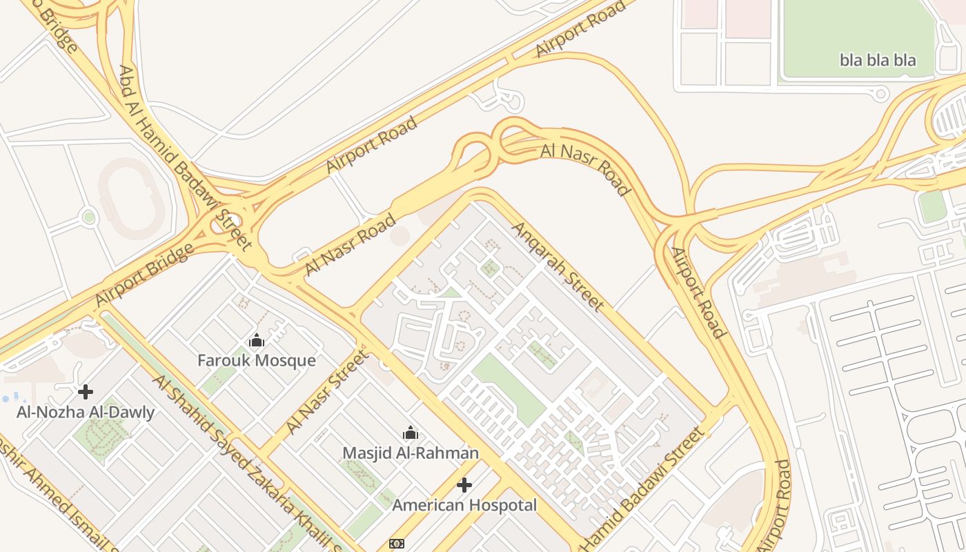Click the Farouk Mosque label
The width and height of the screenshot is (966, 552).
coord(256,360)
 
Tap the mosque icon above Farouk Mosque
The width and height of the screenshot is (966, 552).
coord(257,340)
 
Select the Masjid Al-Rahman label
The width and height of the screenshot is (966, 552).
coord(411,453)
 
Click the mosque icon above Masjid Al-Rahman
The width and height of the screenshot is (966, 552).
coord(411,433)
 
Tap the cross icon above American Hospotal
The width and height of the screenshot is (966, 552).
coord(464,485)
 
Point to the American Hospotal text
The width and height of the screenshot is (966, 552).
coord(464,505)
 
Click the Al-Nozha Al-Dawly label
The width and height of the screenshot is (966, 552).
coord(86,413)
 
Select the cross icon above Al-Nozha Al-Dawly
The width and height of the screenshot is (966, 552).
coord(86,392)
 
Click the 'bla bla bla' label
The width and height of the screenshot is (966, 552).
coord(878,60)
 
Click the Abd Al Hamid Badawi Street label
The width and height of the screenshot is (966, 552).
coord(185,157)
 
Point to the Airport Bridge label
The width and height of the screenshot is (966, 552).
coord(144,275)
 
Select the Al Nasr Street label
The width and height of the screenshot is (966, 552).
coord(328,392)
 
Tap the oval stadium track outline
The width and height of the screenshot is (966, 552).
coord(131,198)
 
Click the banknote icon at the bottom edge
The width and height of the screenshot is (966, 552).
coord(397,544)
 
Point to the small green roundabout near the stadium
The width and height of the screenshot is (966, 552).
coord(88,217)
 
